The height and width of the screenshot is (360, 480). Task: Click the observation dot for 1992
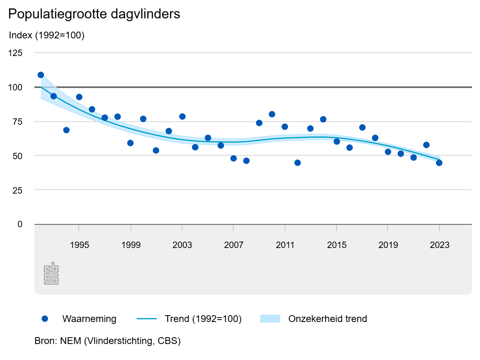pos(41,75)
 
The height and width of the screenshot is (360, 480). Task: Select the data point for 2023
pos(439,163)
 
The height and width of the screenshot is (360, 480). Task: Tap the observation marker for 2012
pos(298,163)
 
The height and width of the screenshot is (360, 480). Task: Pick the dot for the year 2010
pos(272,114)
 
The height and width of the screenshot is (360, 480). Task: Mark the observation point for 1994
pos(66,130)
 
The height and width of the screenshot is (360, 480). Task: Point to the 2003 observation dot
pos(182,116)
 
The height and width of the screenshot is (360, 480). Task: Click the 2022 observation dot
pos(426,145)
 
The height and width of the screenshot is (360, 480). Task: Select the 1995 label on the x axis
pos(79,245)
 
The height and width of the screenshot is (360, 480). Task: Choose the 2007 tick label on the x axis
pos(234,245)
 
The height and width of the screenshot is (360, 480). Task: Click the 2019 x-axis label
pos(388,245)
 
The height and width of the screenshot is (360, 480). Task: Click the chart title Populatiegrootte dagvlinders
pos(94,14)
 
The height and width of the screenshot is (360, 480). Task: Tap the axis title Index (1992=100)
pos(46,36)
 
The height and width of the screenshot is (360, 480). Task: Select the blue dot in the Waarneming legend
pos(45,319)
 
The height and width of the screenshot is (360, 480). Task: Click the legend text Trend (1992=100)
pos(203,319)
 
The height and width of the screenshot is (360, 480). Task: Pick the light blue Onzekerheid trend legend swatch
pos(270,319)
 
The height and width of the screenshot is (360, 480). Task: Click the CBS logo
pos(51,274)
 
